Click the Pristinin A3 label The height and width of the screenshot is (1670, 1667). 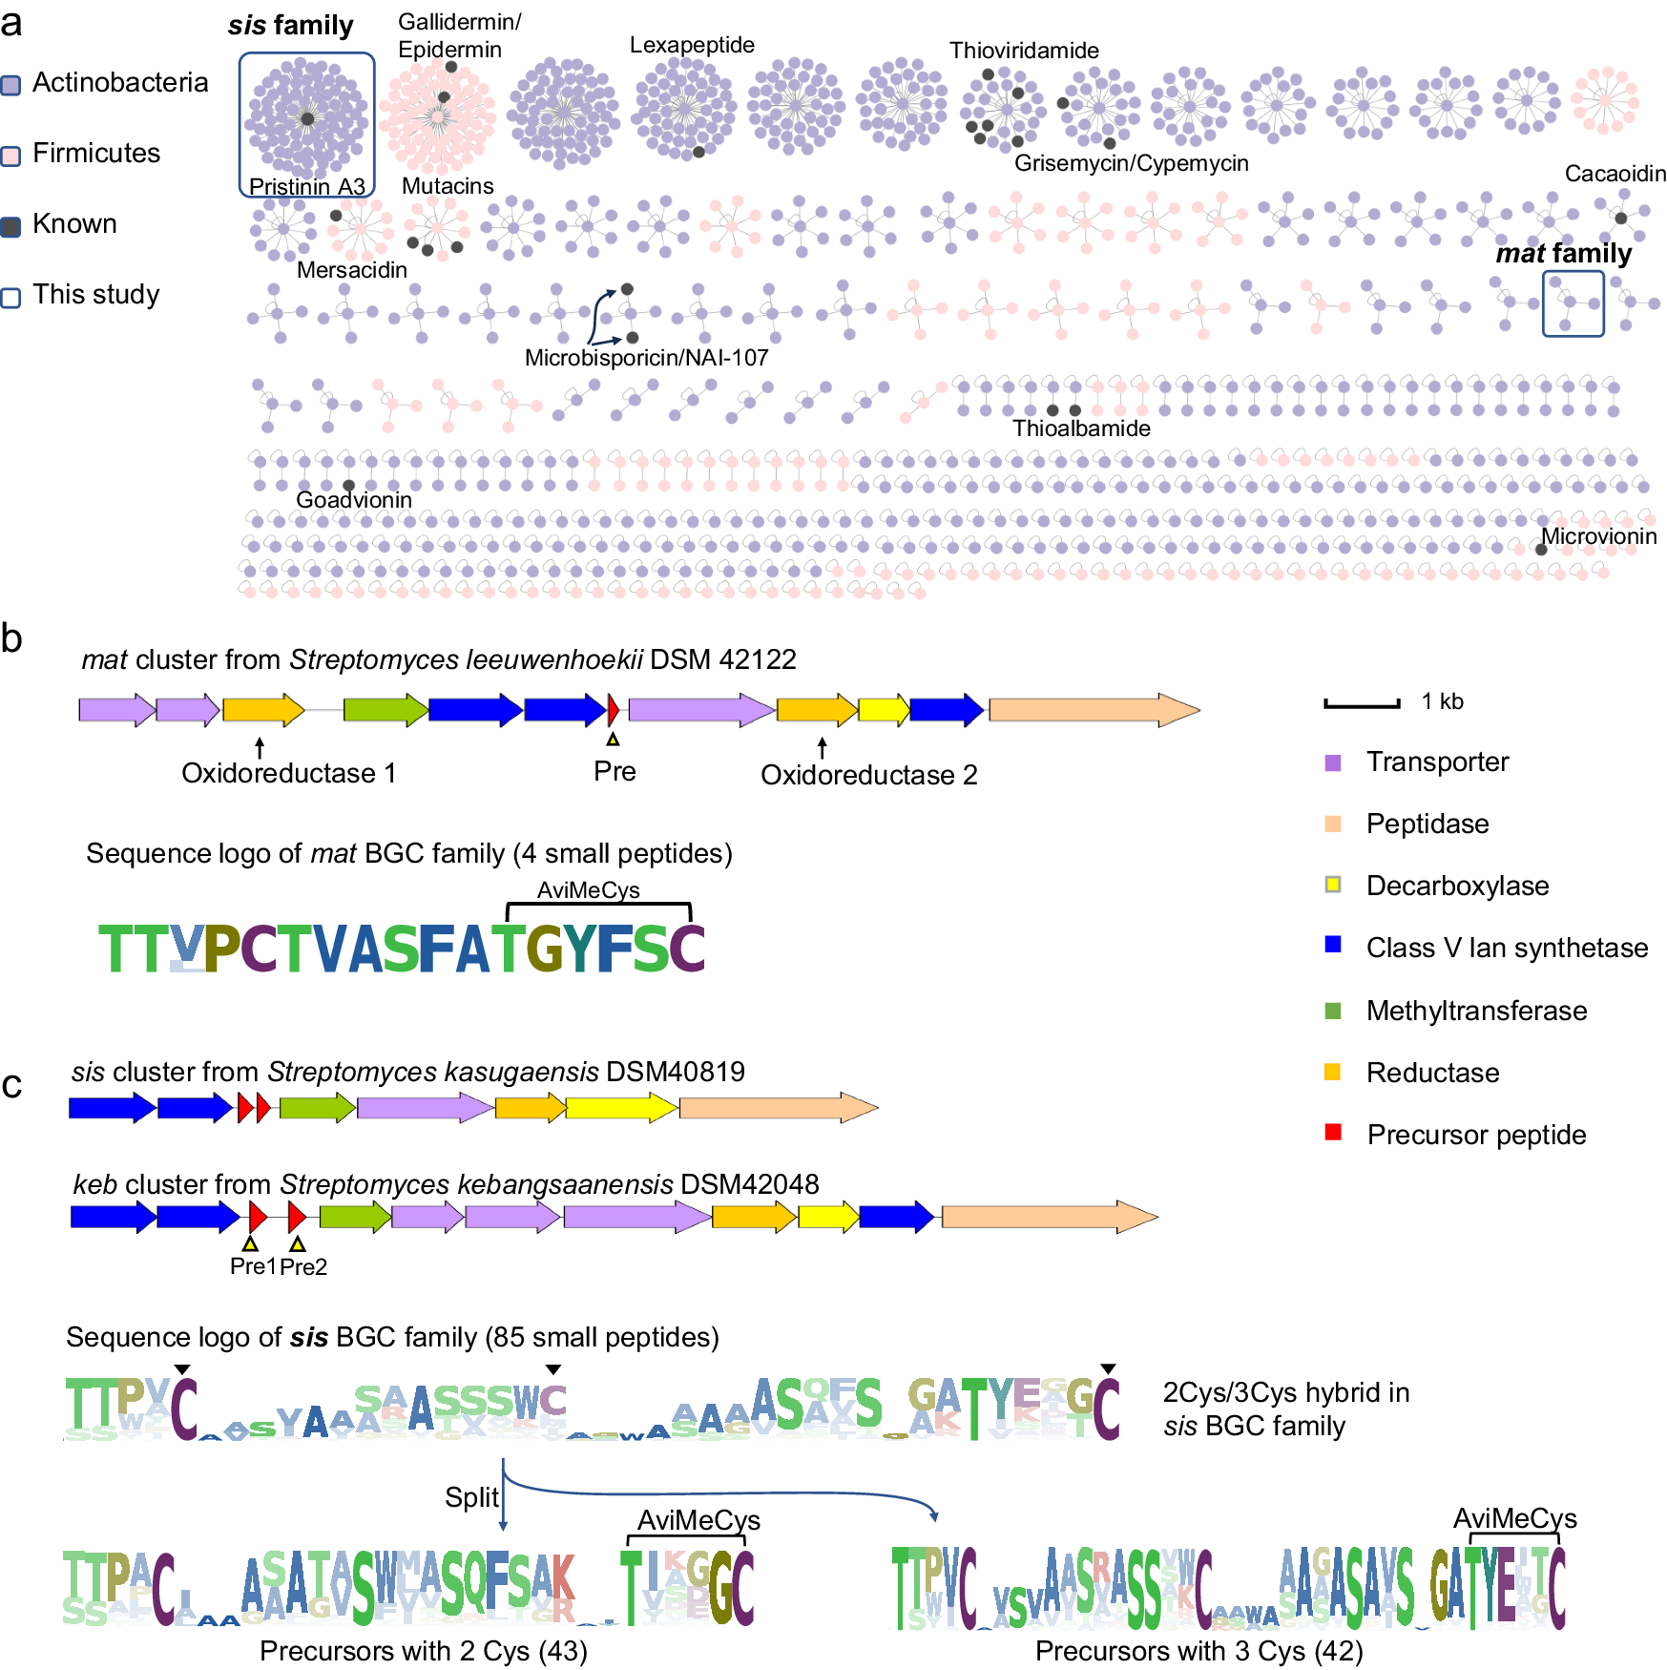306,186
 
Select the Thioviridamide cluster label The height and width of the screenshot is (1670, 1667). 1023,51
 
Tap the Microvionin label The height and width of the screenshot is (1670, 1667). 1598,536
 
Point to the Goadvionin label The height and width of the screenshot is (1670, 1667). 353,500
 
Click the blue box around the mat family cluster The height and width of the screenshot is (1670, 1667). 1573,304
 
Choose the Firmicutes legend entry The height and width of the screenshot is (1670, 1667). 95,154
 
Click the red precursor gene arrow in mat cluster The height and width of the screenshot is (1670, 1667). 613,709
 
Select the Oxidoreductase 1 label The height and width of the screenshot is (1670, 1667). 288,773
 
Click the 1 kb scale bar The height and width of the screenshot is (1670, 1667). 1362,704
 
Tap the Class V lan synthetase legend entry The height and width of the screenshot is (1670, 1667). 1506,948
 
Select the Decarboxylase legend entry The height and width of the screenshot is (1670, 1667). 1456,886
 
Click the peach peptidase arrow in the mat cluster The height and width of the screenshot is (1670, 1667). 1094,710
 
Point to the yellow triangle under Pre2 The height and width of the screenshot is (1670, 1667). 298,1244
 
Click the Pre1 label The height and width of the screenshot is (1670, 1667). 252,1266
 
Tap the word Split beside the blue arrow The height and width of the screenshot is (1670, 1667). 471,1497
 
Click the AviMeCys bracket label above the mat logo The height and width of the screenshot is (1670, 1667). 588,890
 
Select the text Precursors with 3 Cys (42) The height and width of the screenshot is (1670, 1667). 1198,1650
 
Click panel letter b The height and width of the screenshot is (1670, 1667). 11,638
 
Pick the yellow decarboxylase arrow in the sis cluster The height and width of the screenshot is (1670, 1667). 621,1108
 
